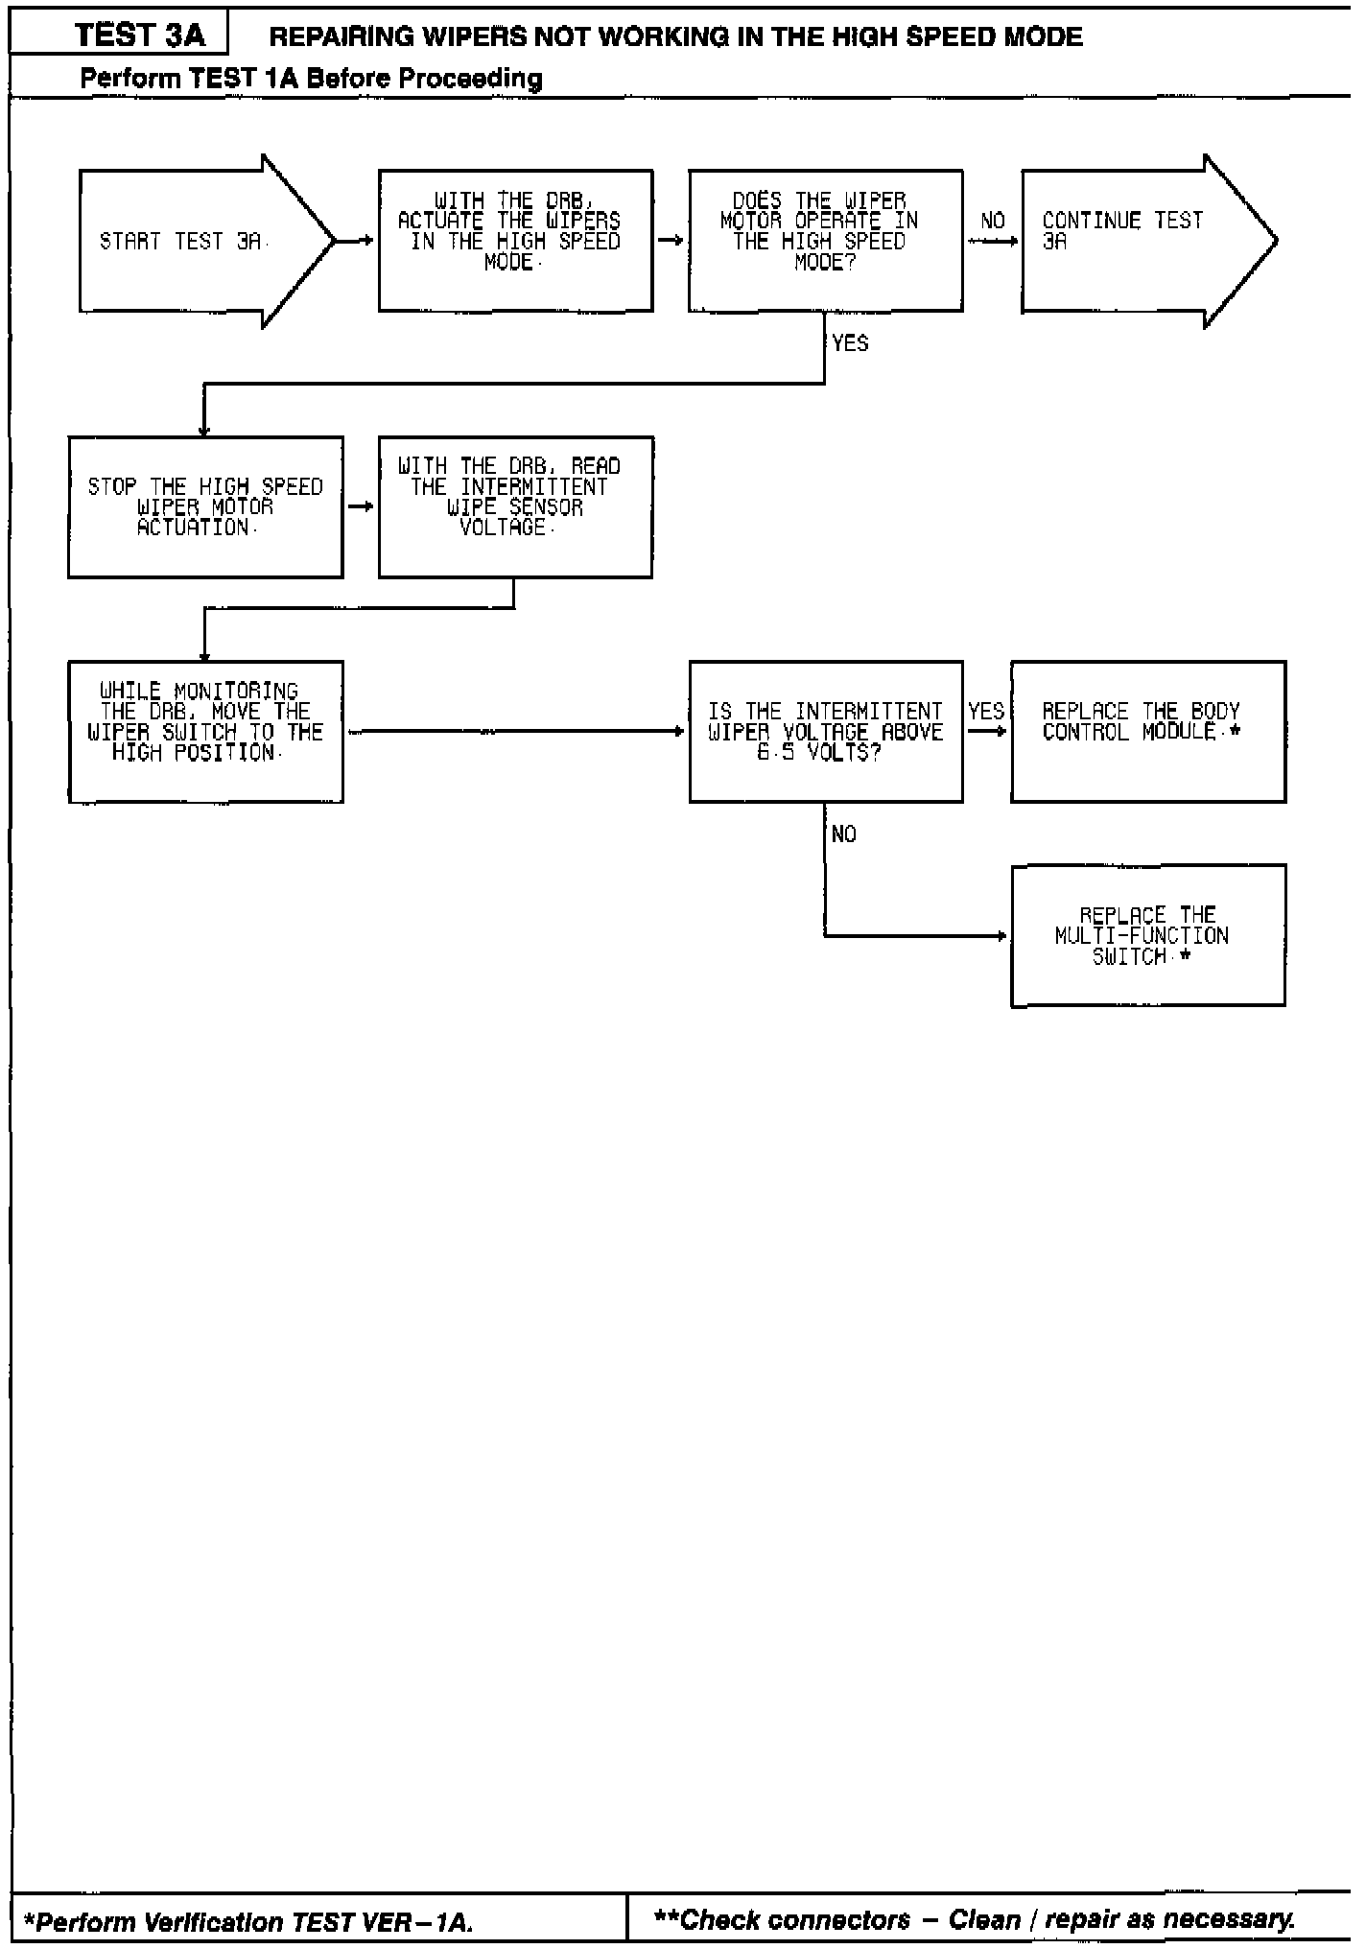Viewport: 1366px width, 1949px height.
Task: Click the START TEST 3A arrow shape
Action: (192, 242)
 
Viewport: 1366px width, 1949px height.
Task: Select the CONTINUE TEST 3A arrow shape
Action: (1132, 242)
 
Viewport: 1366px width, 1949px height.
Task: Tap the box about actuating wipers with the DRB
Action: (515, 241)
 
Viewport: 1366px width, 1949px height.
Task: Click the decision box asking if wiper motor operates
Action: (825, 241)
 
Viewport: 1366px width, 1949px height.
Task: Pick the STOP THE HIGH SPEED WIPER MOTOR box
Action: (205, 507)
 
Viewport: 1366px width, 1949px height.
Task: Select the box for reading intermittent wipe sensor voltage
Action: (515, 507)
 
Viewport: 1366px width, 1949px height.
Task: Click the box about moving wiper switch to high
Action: (205, 732)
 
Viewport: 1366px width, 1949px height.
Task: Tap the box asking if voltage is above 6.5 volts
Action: (825, 732)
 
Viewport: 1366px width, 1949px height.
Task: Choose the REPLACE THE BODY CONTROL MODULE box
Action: (1147, 732)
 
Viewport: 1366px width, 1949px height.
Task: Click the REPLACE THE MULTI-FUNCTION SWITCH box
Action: (1147, 935)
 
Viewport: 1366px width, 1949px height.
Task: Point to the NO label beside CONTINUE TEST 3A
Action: (993, 222)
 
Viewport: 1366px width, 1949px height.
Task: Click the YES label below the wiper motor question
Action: (850, 343)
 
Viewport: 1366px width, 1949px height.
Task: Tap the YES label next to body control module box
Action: (986, 712)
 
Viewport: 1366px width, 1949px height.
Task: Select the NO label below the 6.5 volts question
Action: (844, 834)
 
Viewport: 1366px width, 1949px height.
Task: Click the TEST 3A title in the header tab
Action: (140, 35)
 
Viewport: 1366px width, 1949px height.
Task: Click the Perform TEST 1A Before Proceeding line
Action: (311, 78)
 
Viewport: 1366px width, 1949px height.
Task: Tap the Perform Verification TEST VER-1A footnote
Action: (247, 1921)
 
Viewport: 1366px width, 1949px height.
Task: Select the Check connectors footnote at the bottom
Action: (973, 1919)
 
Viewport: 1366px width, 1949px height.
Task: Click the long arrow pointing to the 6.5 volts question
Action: (516, 732)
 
